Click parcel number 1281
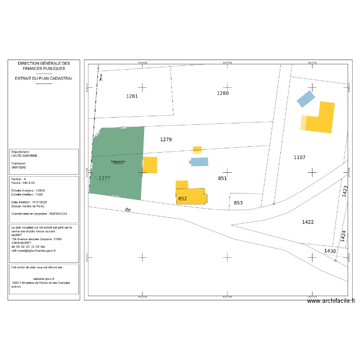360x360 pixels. [132, 96]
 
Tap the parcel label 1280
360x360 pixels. [223, 93]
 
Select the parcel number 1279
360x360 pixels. [166, 139]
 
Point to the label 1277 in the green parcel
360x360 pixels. [105, 178]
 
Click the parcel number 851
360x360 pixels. [222, 178]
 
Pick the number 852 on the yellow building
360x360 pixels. [182, 198]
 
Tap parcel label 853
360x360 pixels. [238, 203]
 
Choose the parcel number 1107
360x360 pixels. [300, 157]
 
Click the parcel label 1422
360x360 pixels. [308, 222]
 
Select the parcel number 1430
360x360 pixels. [330, 251]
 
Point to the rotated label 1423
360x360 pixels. [344, 191]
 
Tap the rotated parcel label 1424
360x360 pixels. [343, 235]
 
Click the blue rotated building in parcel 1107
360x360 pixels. [306, 99]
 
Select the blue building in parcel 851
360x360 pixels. [200, 162]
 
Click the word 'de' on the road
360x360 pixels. [127, 210]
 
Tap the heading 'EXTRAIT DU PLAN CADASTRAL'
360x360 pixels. [44, 78]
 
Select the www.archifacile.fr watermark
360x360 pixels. [331, 301]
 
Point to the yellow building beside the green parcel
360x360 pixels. [150, 165]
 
